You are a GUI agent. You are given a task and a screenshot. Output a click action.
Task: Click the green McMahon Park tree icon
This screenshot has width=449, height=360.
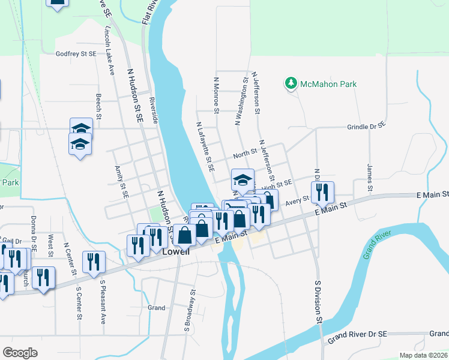tap(291, 83)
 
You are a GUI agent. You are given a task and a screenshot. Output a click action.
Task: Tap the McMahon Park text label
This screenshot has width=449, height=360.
tap(328, 84)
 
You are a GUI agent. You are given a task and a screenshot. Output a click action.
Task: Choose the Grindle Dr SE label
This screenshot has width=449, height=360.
tap(366, 127)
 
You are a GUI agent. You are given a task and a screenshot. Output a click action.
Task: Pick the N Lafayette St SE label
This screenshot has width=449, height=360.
tap(205, 146)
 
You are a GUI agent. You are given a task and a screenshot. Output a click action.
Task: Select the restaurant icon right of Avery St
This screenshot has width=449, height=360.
tap(322, 192)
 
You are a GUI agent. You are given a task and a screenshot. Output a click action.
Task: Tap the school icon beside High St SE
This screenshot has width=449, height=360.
tap(243, 179)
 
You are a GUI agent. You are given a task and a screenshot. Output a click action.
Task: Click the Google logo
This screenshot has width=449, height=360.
tap(20, 353)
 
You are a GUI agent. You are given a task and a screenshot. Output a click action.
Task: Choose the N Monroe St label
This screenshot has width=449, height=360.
tap(216, 94)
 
